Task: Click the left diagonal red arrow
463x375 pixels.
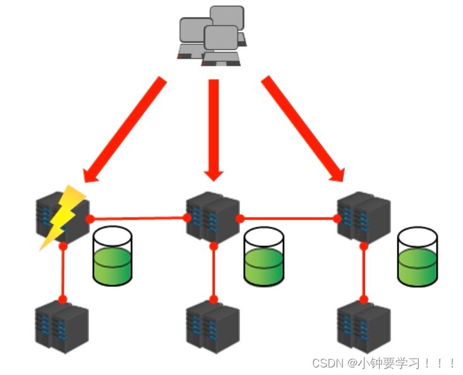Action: pyautogui.click(x=125, y=130)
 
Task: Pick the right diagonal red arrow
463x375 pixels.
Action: pyautogui.click(x=303, y=130)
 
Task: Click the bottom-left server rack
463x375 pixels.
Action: pyautogui.click(x=61, y=328)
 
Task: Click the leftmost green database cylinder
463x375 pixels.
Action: pyautogui.click(x=112, y=255)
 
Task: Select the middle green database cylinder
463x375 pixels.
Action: pyautogui.click(x=264, y=257)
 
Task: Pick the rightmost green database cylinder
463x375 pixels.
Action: pyautogui.click(x=417, y=257)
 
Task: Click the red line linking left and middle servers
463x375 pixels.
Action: pyautogui.click(x=139, y=218)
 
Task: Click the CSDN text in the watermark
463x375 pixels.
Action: pyautogui.click(x=327, y=363)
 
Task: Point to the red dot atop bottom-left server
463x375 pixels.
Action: pyautogui.click(x=63, y=299)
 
